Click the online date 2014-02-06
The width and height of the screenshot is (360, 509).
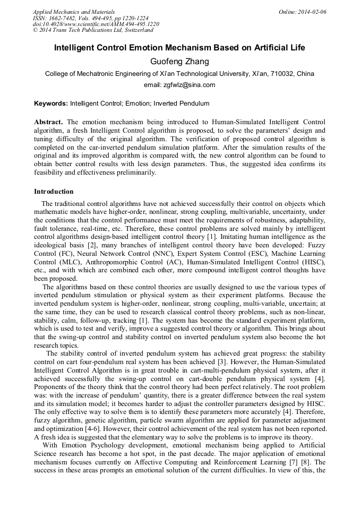312,12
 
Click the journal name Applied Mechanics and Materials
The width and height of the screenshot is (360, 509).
74,12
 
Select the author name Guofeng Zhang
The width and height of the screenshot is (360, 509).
179,62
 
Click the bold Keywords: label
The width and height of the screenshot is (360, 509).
51,103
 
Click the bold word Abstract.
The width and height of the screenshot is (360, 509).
49,122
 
